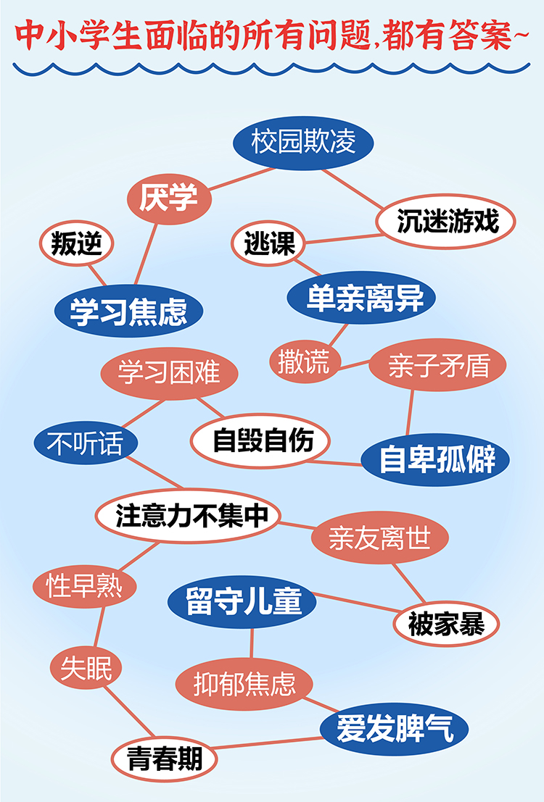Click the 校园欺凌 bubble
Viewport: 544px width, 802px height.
coord(303,143)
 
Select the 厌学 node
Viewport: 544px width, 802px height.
coord(168,197)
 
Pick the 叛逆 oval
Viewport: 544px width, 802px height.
coord(76,245)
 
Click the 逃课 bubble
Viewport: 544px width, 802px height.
coord(269,244)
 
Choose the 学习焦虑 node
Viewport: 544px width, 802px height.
coord(128,312)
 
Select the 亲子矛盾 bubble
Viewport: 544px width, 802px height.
coord(438,367)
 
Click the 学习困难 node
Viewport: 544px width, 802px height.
coord(169,375)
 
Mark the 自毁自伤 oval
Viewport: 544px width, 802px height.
coord(263,440)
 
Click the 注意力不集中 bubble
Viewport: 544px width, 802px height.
coord(187,515)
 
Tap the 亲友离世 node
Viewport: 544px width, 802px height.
coord(379,538)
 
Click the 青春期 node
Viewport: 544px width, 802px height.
coord(165,759)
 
